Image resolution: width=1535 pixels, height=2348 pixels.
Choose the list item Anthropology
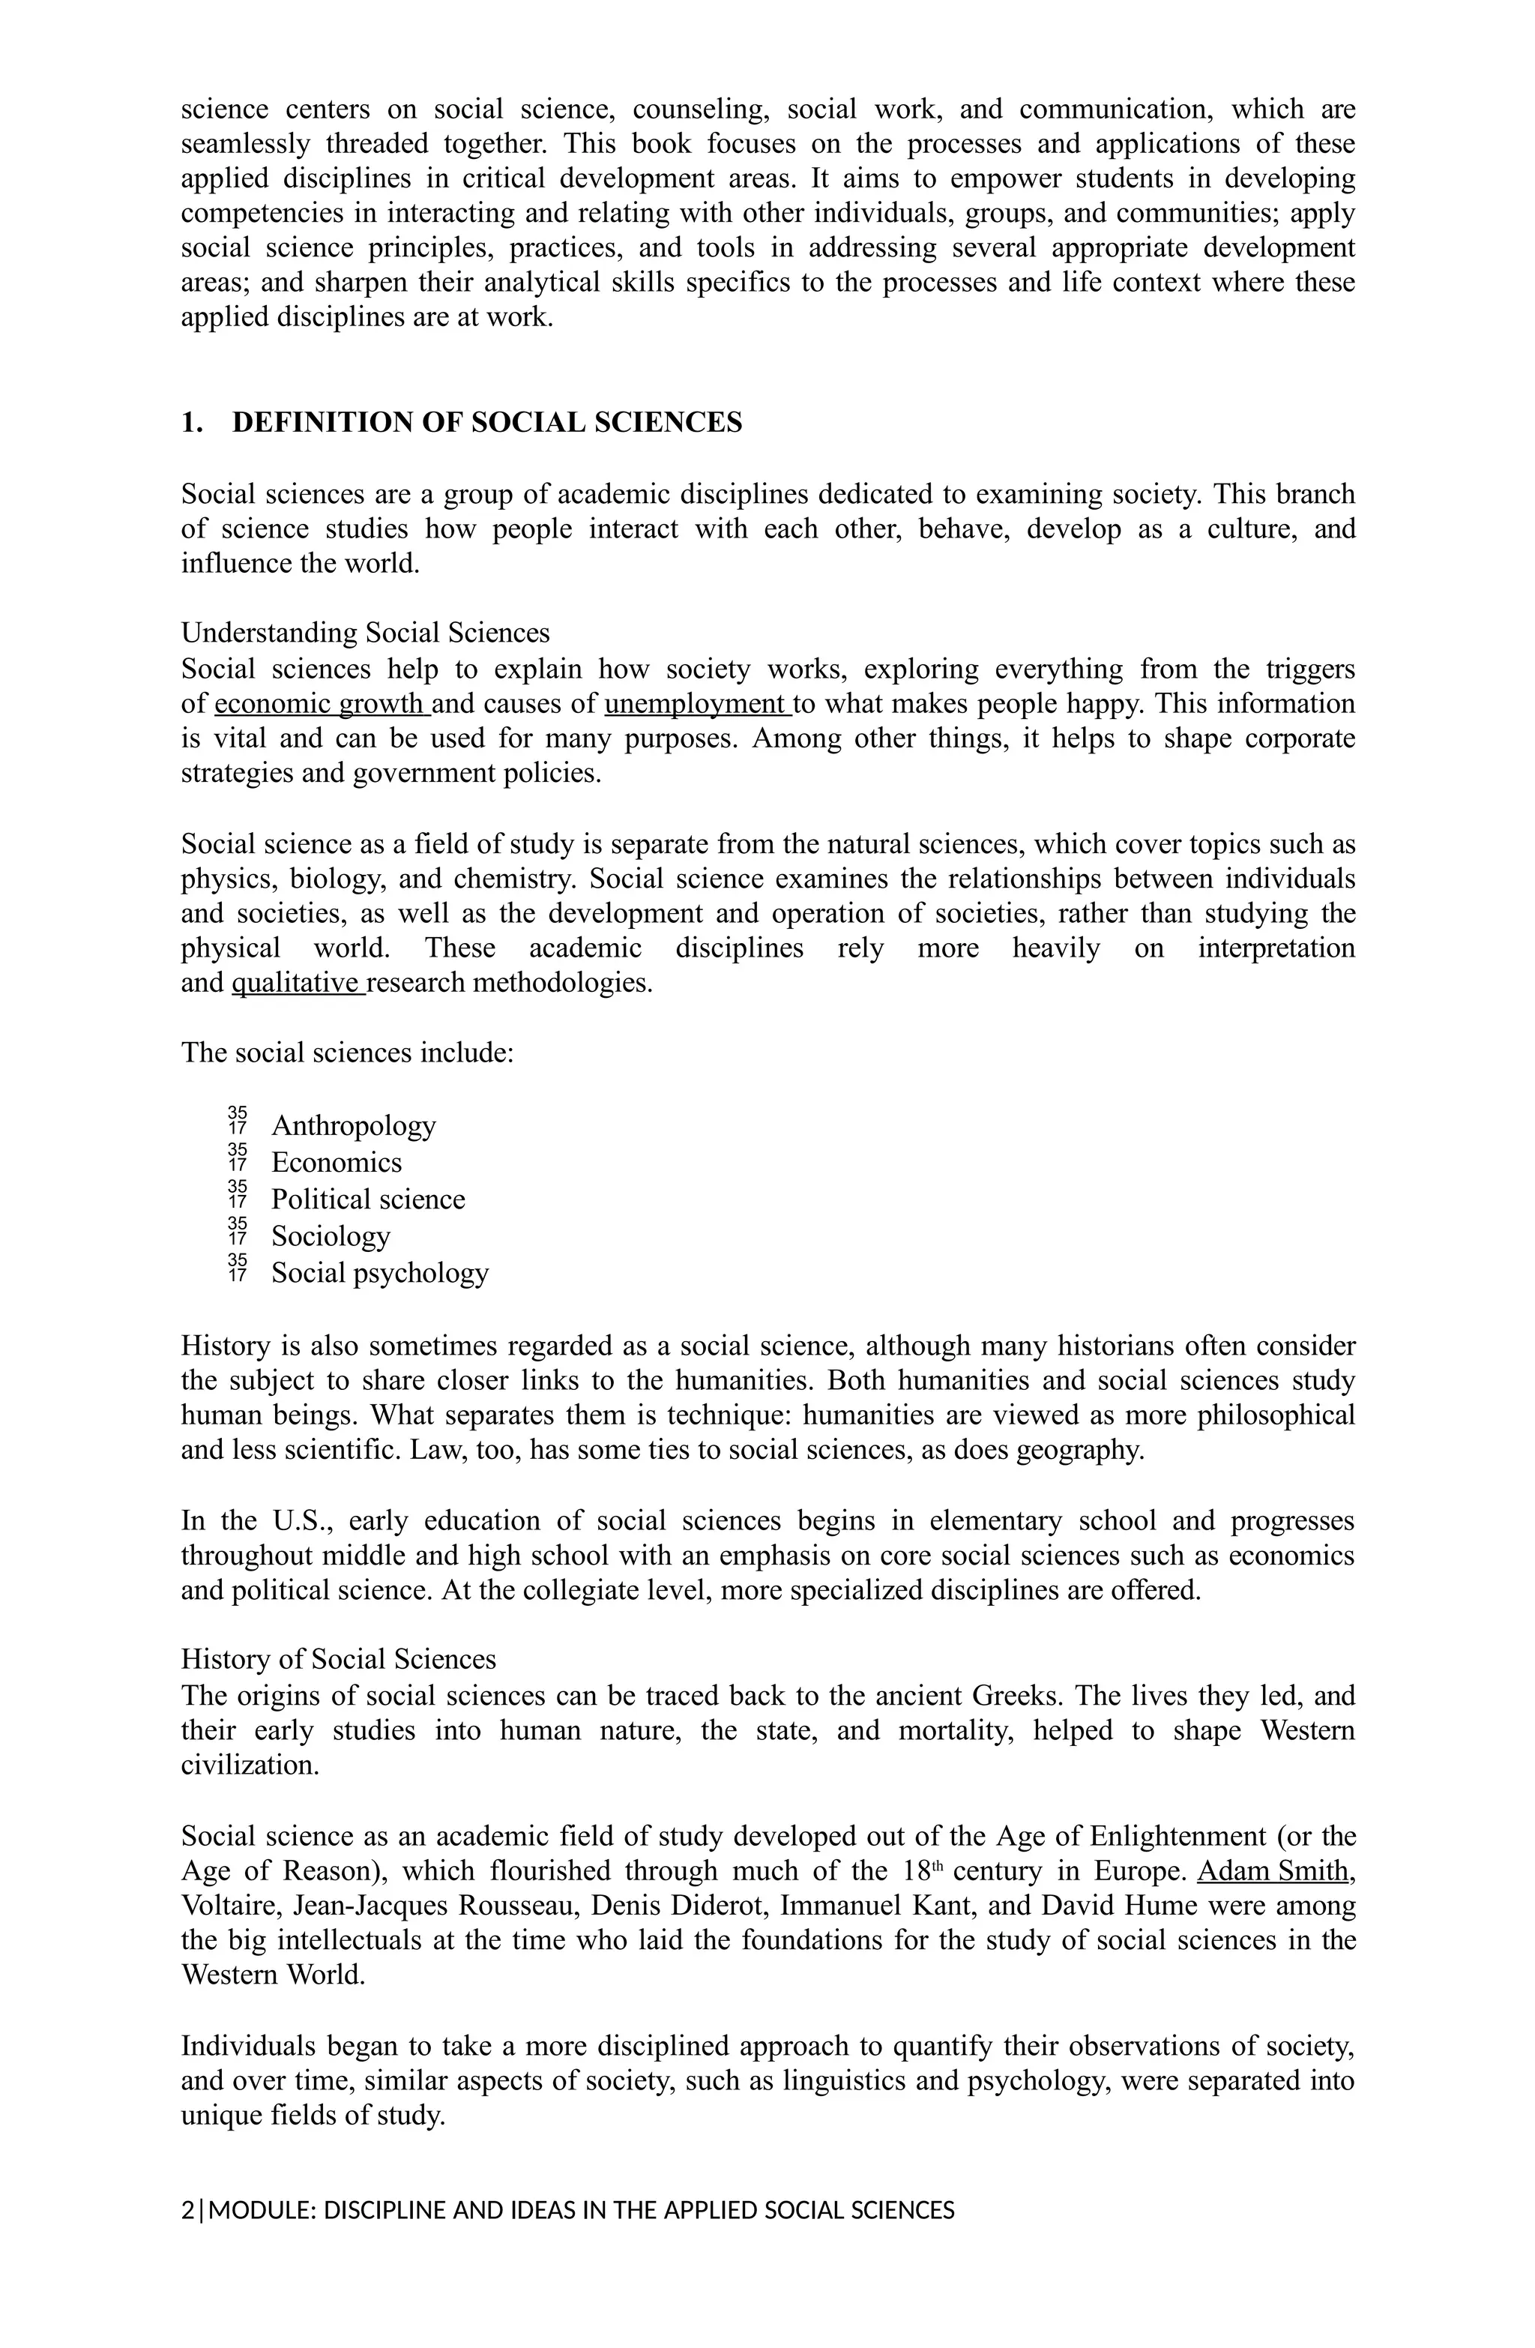click(353, 1126)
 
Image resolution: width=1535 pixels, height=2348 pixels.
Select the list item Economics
click(337, 1162)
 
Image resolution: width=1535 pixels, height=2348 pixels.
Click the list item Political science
click(368, 1199)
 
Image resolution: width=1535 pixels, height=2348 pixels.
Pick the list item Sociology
click(331, 1236)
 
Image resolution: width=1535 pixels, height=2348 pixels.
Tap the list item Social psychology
click(380, 1273)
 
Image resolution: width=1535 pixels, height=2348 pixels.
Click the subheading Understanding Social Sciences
click(365, 633)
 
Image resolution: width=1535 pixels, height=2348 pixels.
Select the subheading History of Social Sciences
click(338, 1659)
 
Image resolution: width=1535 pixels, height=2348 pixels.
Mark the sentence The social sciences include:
click(347, 1053)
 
